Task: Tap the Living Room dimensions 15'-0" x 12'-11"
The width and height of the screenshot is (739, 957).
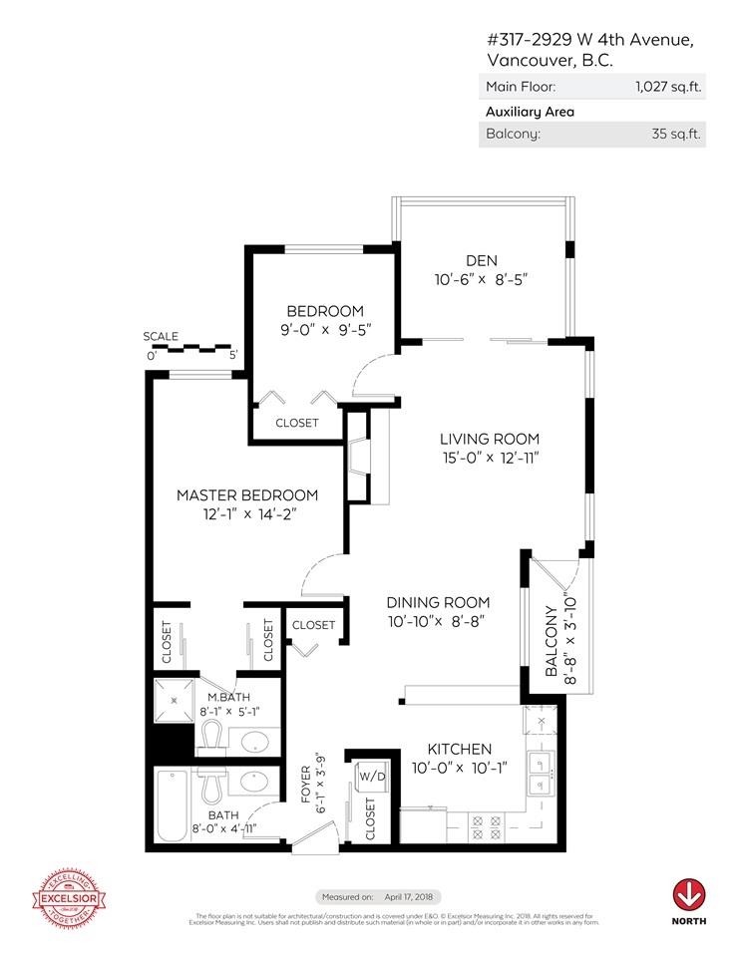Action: pos(490,458)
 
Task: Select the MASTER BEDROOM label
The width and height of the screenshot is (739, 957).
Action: pos(247,495)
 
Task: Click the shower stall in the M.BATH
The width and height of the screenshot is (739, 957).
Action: pos(176,701)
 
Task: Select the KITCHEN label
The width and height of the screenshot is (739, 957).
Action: pos(460,749)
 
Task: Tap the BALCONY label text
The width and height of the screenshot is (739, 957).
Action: pos(552,642)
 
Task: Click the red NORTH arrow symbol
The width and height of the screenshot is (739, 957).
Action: pos(687,891)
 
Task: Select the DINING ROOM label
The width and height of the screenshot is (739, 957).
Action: pos(438,602)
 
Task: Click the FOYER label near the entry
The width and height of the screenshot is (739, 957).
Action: pos(306,785)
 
